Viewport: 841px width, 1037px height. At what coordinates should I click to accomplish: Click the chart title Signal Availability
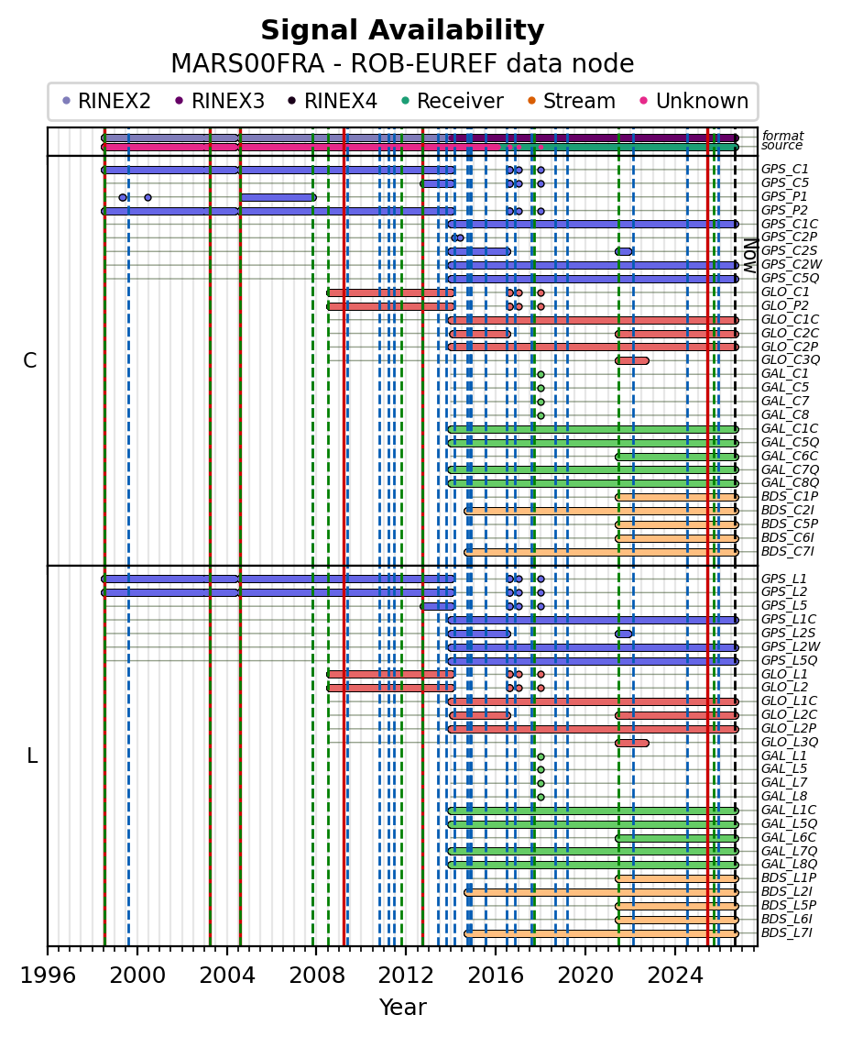click(402, 30)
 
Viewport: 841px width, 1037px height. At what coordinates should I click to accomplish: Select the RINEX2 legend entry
click(106, 101)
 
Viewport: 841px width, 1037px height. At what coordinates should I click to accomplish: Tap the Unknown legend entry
click(694, 101)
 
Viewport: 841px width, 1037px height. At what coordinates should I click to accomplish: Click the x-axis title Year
click(402, 1008)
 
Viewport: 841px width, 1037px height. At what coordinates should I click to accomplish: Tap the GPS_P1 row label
click(784, 196)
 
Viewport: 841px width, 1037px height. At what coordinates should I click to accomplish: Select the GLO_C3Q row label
click(790, 359)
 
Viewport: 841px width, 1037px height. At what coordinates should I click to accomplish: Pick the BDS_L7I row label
click(787, 933)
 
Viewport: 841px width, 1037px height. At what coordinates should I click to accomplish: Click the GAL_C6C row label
click(790, 456)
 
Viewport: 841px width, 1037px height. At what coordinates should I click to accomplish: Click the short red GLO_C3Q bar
click(632, 360)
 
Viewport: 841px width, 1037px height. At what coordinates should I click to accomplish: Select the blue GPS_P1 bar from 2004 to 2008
click(279, 197)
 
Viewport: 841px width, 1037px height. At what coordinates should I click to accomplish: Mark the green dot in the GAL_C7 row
click(541, 402)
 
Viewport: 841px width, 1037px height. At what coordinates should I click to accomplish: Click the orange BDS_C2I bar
click(601, 511)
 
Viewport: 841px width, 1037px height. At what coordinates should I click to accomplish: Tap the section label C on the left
click(29, 360)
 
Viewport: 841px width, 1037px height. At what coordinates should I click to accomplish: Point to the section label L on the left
click(32, 756)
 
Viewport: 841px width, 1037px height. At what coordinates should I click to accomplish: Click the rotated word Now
click(750, 256)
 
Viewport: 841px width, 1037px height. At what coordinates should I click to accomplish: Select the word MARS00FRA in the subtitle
click(247, 64)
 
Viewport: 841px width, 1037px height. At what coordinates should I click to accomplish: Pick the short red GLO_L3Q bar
click(632, 743)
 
